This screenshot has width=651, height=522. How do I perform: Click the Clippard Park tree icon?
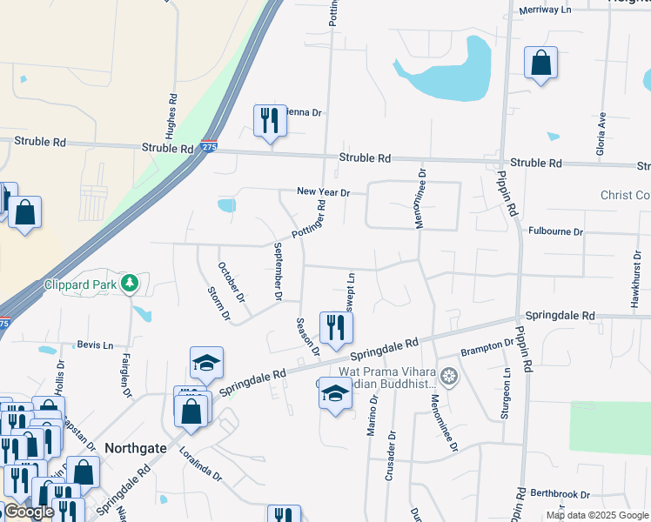click(x=130, y=283)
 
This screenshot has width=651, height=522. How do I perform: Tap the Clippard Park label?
click(x=82, y=284)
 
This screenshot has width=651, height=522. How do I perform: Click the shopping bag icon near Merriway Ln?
click(x=540, y=63)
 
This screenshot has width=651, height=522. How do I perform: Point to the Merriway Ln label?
click(x=544, y=10)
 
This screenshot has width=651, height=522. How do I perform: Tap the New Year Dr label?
click(x=323, y=191)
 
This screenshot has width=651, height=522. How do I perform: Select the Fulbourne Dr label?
click(x=555, y=231)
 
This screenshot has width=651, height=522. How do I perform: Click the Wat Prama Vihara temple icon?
click(x=449, y=378)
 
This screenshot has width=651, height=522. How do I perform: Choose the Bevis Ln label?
click(x=95, y=345)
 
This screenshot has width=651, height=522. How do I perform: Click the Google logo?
click(x=29, y=512)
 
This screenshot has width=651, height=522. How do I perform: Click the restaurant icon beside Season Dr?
click(x=336, y=327)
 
